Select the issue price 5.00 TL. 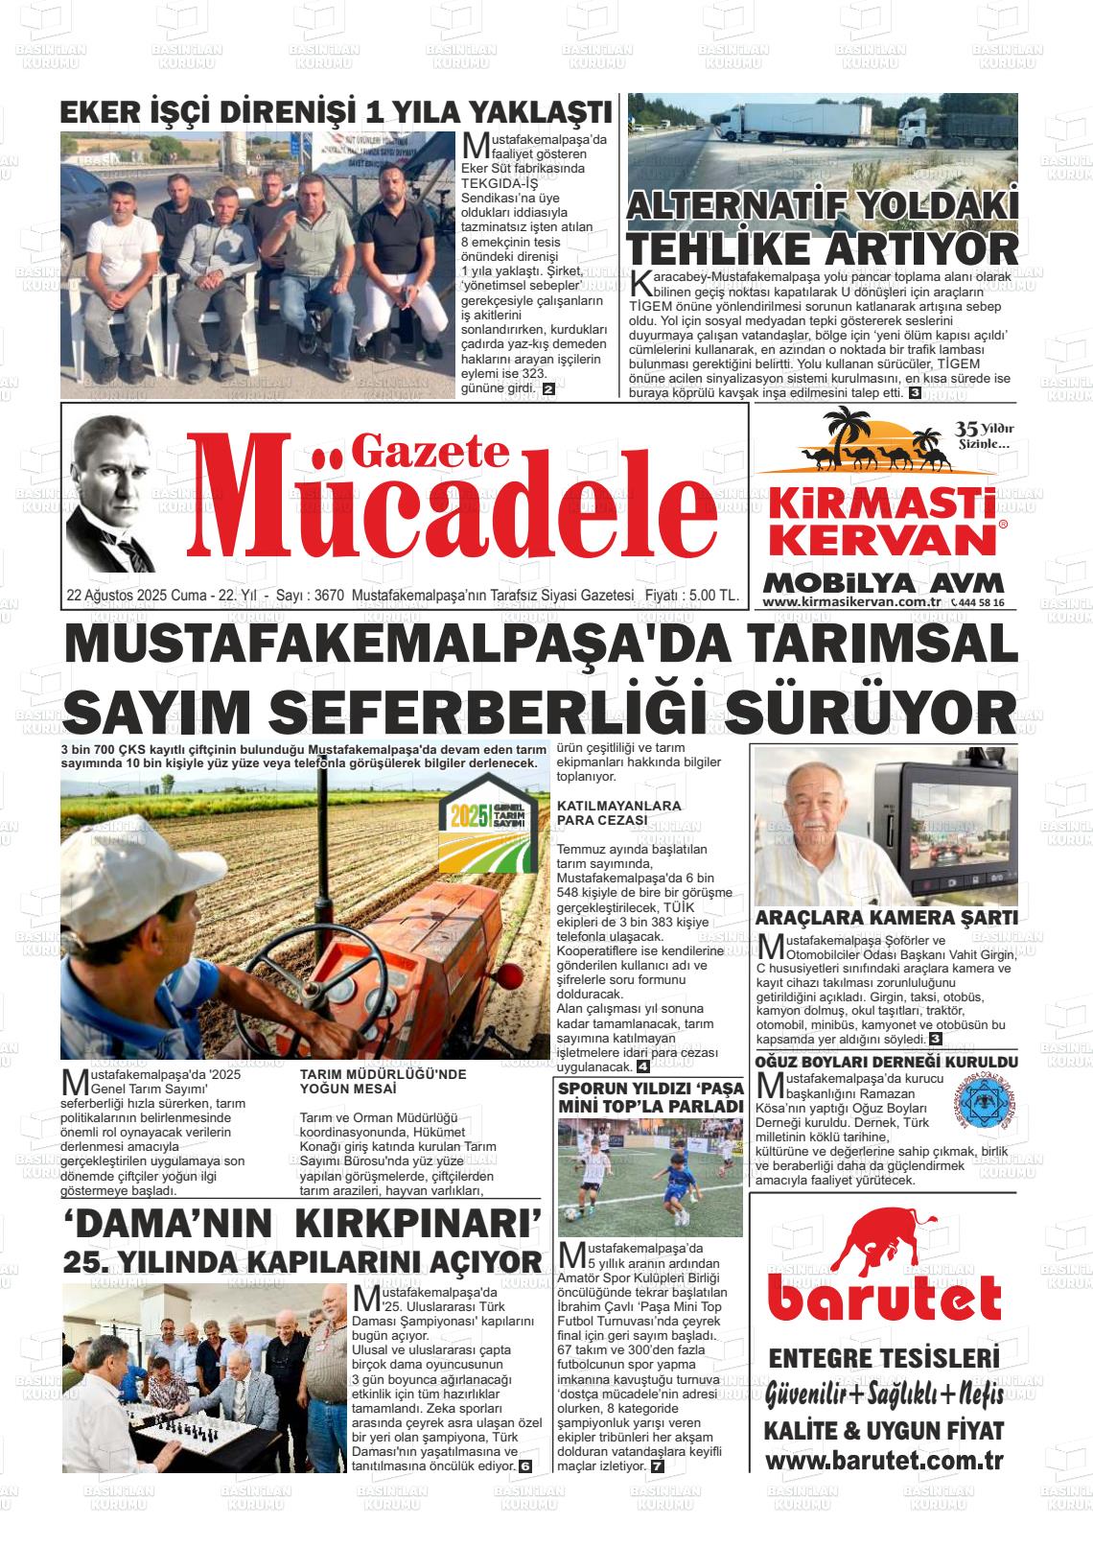[x=714, y=596]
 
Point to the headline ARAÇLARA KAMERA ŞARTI [x=886, y=917]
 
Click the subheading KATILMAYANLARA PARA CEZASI [x=618, y=813]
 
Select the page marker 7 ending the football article [x=657, y=1466]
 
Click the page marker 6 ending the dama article [x=524, y=1466]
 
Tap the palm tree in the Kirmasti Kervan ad [x=846, y=431]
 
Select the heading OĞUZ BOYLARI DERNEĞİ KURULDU [x=886, y=1063]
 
